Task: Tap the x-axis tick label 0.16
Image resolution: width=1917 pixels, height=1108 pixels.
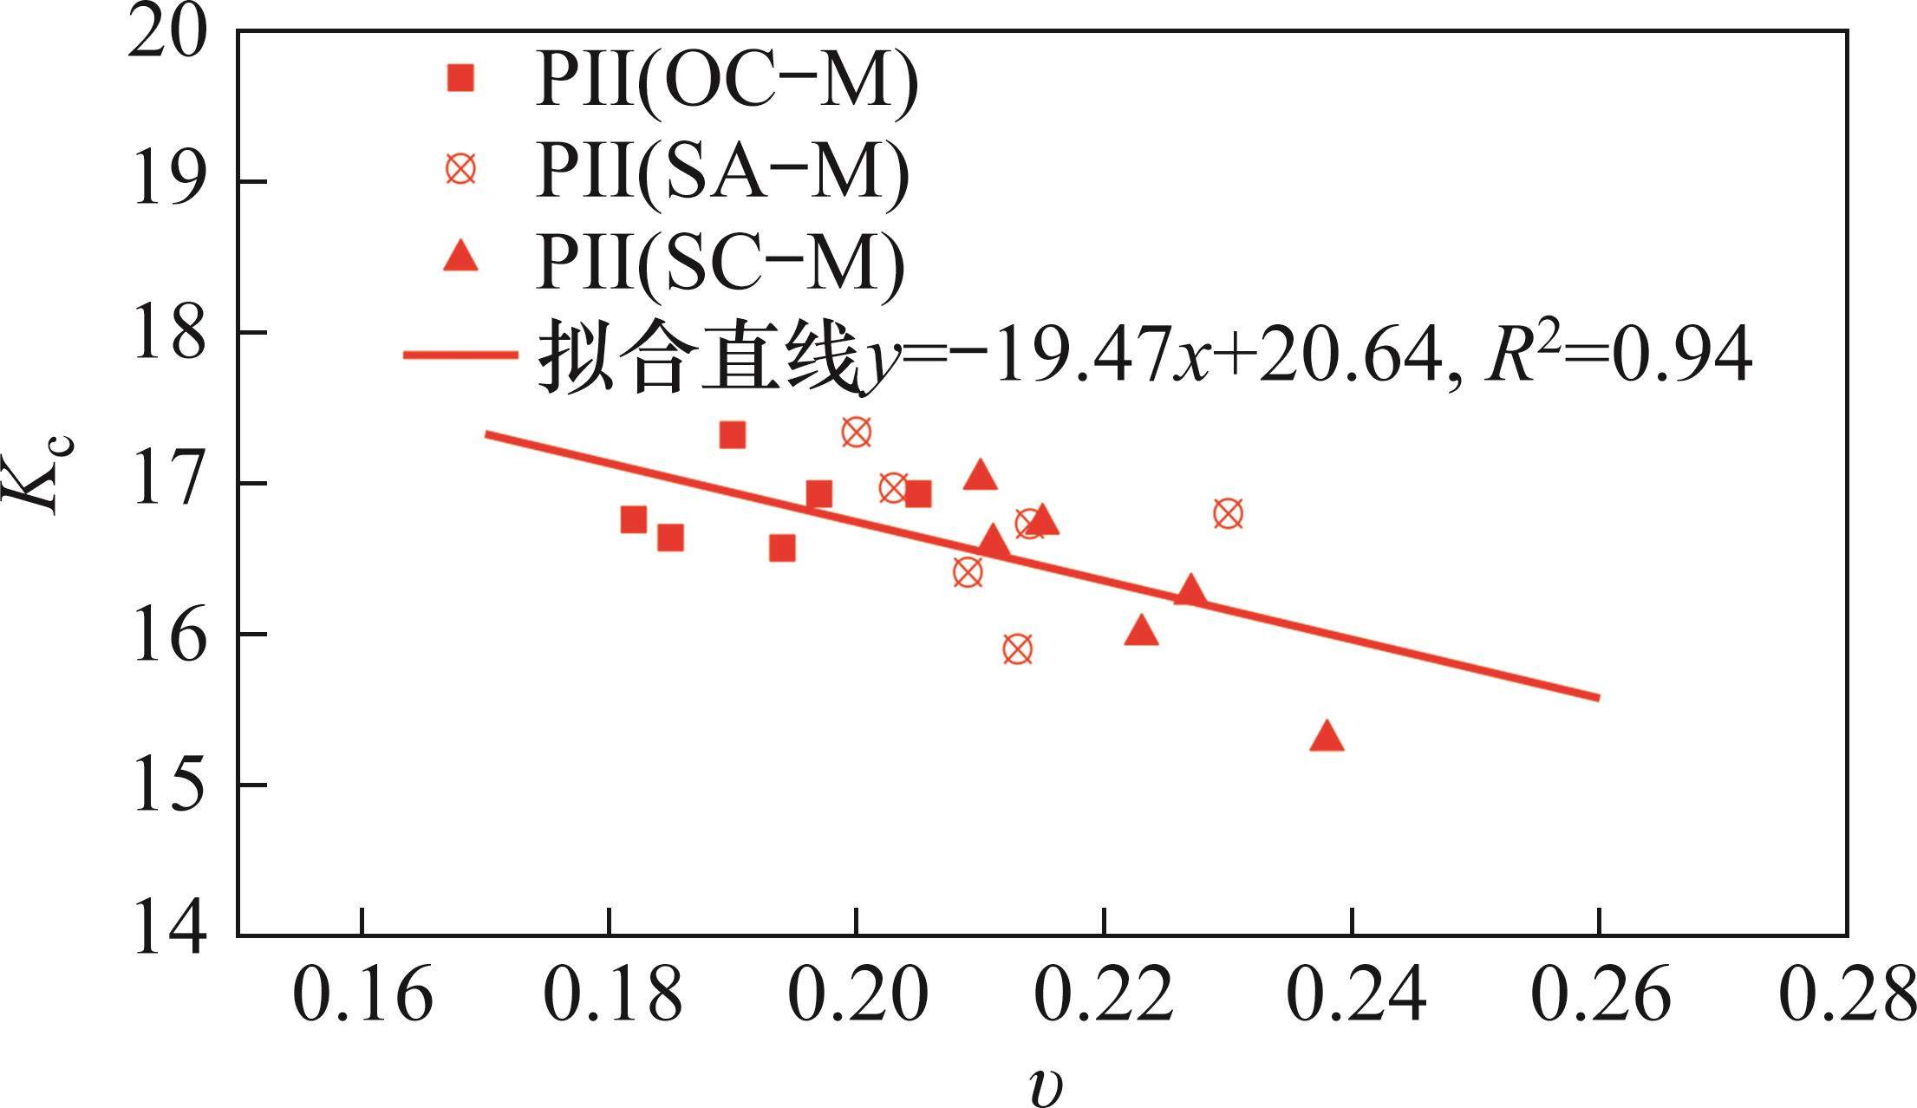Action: coord(362,995)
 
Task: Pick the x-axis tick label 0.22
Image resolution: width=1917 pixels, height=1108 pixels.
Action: coord(1105,995)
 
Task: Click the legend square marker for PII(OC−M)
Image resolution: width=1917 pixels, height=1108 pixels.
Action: coord(460,79)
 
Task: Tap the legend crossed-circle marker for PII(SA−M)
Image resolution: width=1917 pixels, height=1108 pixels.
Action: coord(460,168)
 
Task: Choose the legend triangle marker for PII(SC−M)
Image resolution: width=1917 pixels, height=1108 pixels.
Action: coord(460,257)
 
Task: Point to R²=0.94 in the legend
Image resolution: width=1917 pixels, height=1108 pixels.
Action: coord(1618,357)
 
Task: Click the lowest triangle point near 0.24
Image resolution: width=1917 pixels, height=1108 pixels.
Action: coord(1327,737)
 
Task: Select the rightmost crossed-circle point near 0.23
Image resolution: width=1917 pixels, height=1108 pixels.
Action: coord(1228,513)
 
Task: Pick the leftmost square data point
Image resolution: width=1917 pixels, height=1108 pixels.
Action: coord(634,519)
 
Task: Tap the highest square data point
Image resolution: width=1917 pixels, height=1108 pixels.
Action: coord(733,434)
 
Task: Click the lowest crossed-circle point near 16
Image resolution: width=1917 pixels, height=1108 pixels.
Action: coord(1018,649)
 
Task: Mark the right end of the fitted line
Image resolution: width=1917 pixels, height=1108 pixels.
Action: coord(1597,697)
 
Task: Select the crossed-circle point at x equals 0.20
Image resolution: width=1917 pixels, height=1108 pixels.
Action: coord(857,432)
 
